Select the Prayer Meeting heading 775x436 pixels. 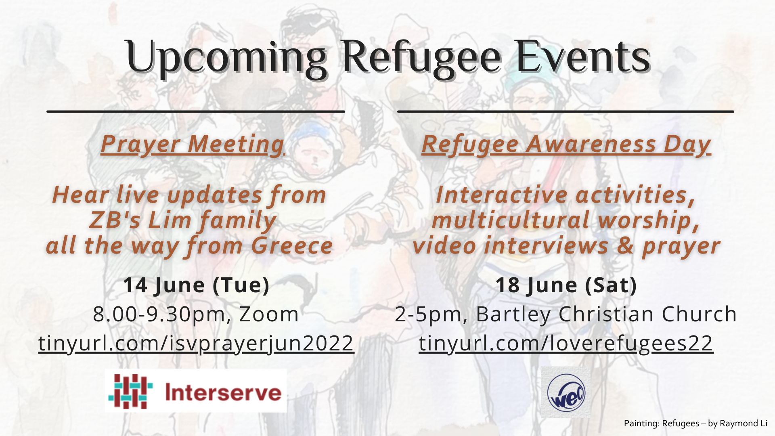[193, 144]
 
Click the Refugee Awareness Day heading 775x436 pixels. [566, 145]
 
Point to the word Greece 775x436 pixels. [292, 245]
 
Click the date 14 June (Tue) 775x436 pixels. [196, 285]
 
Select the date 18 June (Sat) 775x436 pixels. [566, 285]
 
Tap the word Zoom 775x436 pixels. [269, 314]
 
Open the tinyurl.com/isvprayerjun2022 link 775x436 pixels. [196, 343]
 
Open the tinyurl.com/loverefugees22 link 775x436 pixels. [566, 343]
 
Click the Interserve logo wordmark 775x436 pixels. [223, 392]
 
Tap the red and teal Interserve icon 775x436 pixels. [130, 391]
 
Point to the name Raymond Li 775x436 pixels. [744, 423]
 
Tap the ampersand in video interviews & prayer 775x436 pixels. [625, 245]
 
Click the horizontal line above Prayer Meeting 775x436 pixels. [196, 111]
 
